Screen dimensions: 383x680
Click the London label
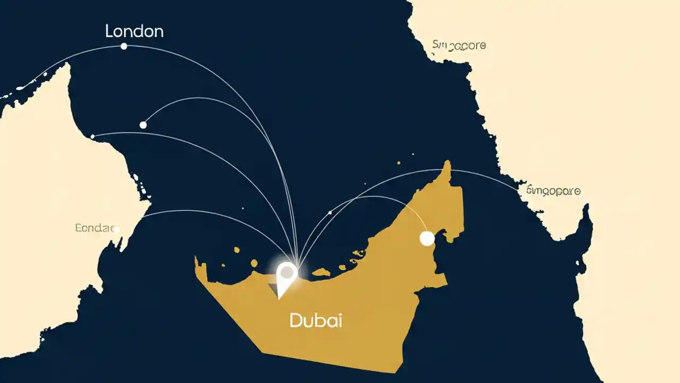134,31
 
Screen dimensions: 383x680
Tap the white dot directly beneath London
124,46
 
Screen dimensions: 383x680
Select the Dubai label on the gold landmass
316,320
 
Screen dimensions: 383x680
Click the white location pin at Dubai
287,277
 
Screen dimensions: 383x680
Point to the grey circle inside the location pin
287,272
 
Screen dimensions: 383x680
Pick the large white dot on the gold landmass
427,238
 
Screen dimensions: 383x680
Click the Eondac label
95,228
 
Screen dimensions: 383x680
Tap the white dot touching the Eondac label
116,229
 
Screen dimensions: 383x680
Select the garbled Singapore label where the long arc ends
553,190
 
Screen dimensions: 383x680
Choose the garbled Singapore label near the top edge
458,45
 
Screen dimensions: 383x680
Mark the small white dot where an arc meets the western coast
92,137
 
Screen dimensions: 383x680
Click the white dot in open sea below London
143,125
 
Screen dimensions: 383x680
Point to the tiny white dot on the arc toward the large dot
330,213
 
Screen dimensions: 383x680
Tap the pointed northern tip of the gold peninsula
448,162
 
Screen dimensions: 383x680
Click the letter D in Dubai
295,320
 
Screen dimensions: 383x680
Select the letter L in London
109,31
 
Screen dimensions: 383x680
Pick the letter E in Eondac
79,228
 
